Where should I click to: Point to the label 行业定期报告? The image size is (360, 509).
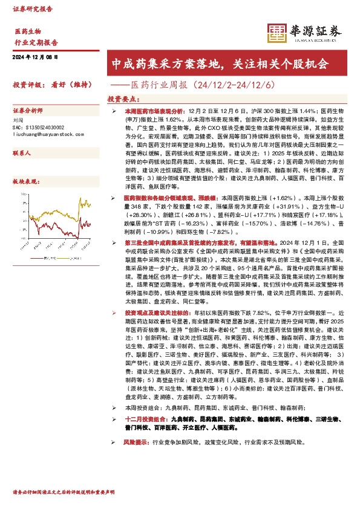[36, 43]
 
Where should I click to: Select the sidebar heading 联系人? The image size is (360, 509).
[22, 154]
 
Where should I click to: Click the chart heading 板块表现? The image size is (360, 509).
[25, 181]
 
